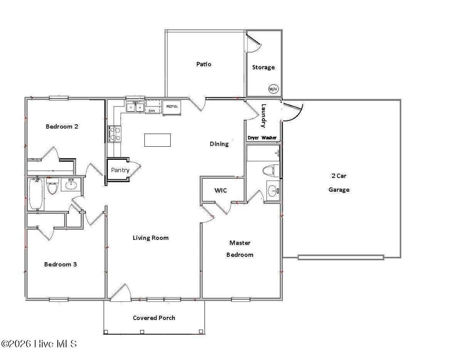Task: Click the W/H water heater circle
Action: pos(273,88)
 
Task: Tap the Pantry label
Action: pos(120,170)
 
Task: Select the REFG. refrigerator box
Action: pos(172,107)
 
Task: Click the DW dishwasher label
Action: pos(152,111)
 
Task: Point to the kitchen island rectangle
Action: pos(157,140)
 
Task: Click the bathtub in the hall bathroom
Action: pos(36,194)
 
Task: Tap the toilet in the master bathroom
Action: pos(271,171)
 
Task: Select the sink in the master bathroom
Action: pos(272,190)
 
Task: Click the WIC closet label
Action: pos(221,191)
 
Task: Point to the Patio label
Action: pos(203,64)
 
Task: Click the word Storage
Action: pos(263,67)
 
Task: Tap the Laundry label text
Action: pos(263,116)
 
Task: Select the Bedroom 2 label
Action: pos(61,127)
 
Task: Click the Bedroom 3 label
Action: pos(60,264)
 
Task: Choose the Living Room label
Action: pos(150,238)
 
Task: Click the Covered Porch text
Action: pos(154,318)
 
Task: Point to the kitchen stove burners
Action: pos(114,134)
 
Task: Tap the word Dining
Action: pos(219,144)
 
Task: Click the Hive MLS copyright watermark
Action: pos(39,344)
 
